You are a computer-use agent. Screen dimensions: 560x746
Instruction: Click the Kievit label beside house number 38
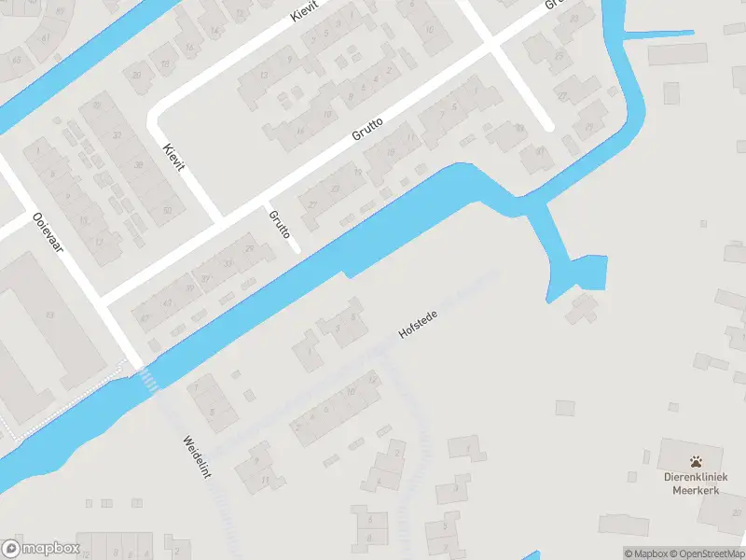click(174, 158)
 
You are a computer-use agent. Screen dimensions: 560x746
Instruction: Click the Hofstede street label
click(418, 323)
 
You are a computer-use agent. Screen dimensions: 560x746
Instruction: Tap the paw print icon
click(697, 460)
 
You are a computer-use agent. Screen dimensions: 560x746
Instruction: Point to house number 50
click(167, 210)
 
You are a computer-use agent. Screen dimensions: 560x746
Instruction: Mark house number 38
click(139, 165)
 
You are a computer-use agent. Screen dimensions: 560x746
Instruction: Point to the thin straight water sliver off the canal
click(658, 35)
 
